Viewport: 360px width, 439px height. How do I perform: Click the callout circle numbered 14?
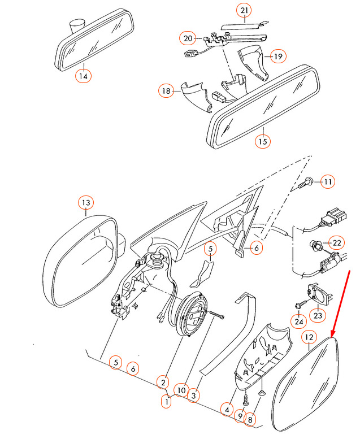click(84, 76)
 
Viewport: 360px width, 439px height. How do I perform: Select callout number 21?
click(244, 11)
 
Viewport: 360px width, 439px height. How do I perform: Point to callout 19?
click(277, 56)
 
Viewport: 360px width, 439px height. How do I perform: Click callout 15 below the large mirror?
click(262, 141)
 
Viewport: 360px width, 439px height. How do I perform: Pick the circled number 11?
click(328, 181)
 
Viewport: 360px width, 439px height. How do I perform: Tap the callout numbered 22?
click(337, 243)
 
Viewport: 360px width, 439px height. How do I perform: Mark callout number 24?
click(298, 321)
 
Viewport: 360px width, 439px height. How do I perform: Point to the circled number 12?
click(309, 338)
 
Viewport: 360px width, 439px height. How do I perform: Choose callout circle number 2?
click(163, 383)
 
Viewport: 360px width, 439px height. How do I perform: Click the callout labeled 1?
click(166, 402)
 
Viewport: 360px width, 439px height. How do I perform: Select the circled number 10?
click(180, 389)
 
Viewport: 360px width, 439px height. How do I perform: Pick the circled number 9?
click(240, 417)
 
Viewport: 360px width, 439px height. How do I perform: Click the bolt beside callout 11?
click(307, 182)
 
